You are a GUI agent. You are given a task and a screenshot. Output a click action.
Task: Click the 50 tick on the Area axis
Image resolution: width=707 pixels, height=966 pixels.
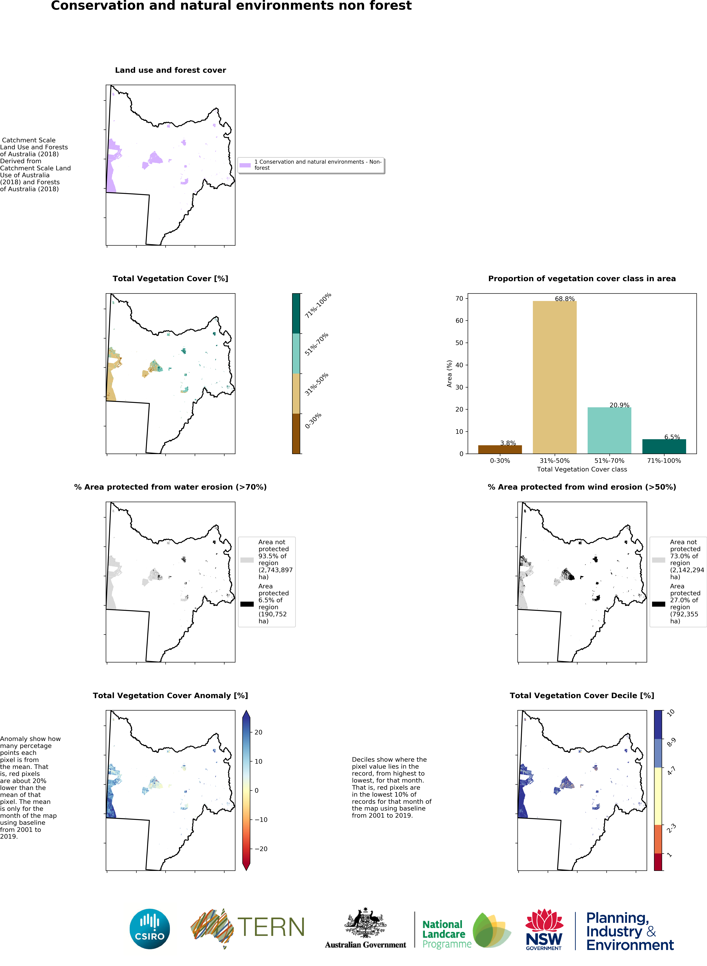click(x=459, y=343)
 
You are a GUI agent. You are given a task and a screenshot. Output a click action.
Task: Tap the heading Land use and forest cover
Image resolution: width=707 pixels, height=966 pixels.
click(x=170, y=70)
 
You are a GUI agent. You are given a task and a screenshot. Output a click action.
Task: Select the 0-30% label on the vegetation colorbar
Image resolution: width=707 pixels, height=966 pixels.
click(x=313, y=421)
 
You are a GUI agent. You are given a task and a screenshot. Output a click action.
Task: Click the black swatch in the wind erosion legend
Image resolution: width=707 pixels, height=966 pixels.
click(x=658, y=604)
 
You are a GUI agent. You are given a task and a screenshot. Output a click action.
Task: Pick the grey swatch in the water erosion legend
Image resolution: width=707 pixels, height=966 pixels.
click(x=247, y=560)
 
